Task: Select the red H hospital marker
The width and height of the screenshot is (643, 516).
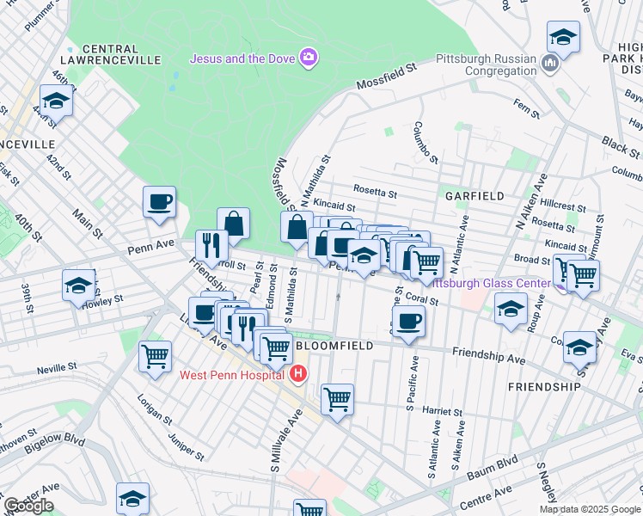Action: tap(297, 374)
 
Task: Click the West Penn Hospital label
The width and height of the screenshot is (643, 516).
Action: tap(231, 375)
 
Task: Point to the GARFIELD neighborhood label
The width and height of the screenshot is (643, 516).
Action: tap(475, 196)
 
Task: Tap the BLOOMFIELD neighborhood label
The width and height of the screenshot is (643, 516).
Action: tap(334, 345)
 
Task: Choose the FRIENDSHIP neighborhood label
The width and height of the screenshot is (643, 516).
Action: tap(543, 387)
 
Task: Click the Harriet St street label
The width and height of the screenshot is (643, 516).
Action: tap(444, 413)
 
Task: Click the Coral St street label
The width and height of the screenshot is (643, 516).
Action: tap(423, 300)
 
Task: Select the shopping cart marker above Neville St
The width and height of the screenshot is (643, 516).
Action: tap(155, 356)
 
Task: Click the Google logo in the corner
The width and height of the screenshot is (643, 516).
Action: tap(28, 505)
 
